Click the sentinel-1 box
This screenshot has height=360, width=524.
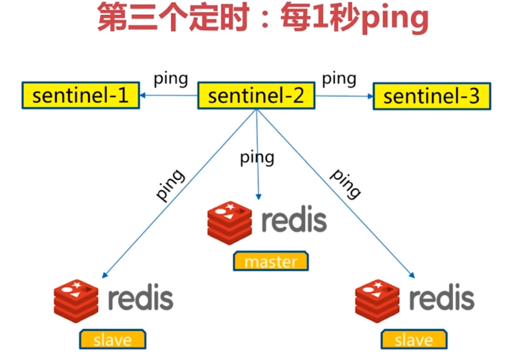pyautogui.click(x=81, y=96)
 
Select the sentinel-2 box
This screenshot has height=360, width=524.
pyautogui.click(x=256, y=96)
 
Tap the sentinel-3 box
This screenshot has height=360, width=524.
pyautogui.click(x=431, y=96)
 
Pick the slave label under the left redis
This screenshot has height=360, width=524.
pyautogui.click(x=113, y=340)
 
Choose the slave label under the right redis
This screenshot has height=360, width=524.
pyautogui.click(x=414, y=340)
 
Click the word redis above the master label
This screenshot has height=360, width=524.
pyautogui.click(x=294, y=220)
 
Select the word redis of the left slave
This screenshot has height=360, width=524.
pyautogui.click(x=141, y=297)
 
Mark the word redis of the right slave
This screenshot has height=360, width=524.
pyautogui.click(x=442, y=297)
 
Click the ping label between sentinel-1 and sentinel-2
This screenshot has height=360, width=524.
pyautogui.click(x=171, y=78)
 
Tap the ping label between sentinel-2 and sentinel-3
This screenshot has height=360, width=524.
pyautogui.click(x=339, y=78)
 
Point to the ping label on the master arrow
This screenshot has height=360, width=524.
pyautogui.click(x=257, y=158)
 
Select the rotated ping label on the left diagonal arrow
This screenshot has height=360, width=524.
pyautogui.click(x=170, y=185)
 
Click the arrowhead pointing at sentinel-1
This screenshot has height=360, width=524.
pyautogui.click(x=144, y=95)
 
